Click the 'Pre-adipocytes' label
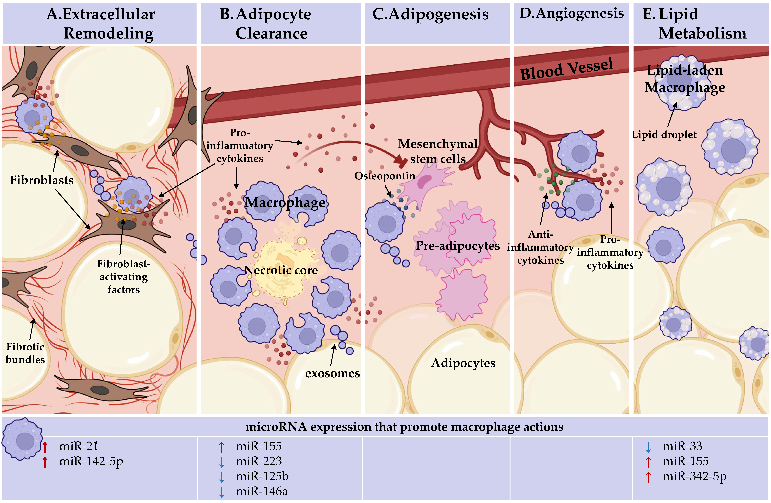458,246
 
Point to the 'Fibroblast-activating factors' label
123,277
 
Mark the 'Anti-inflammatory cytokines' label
540,247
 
